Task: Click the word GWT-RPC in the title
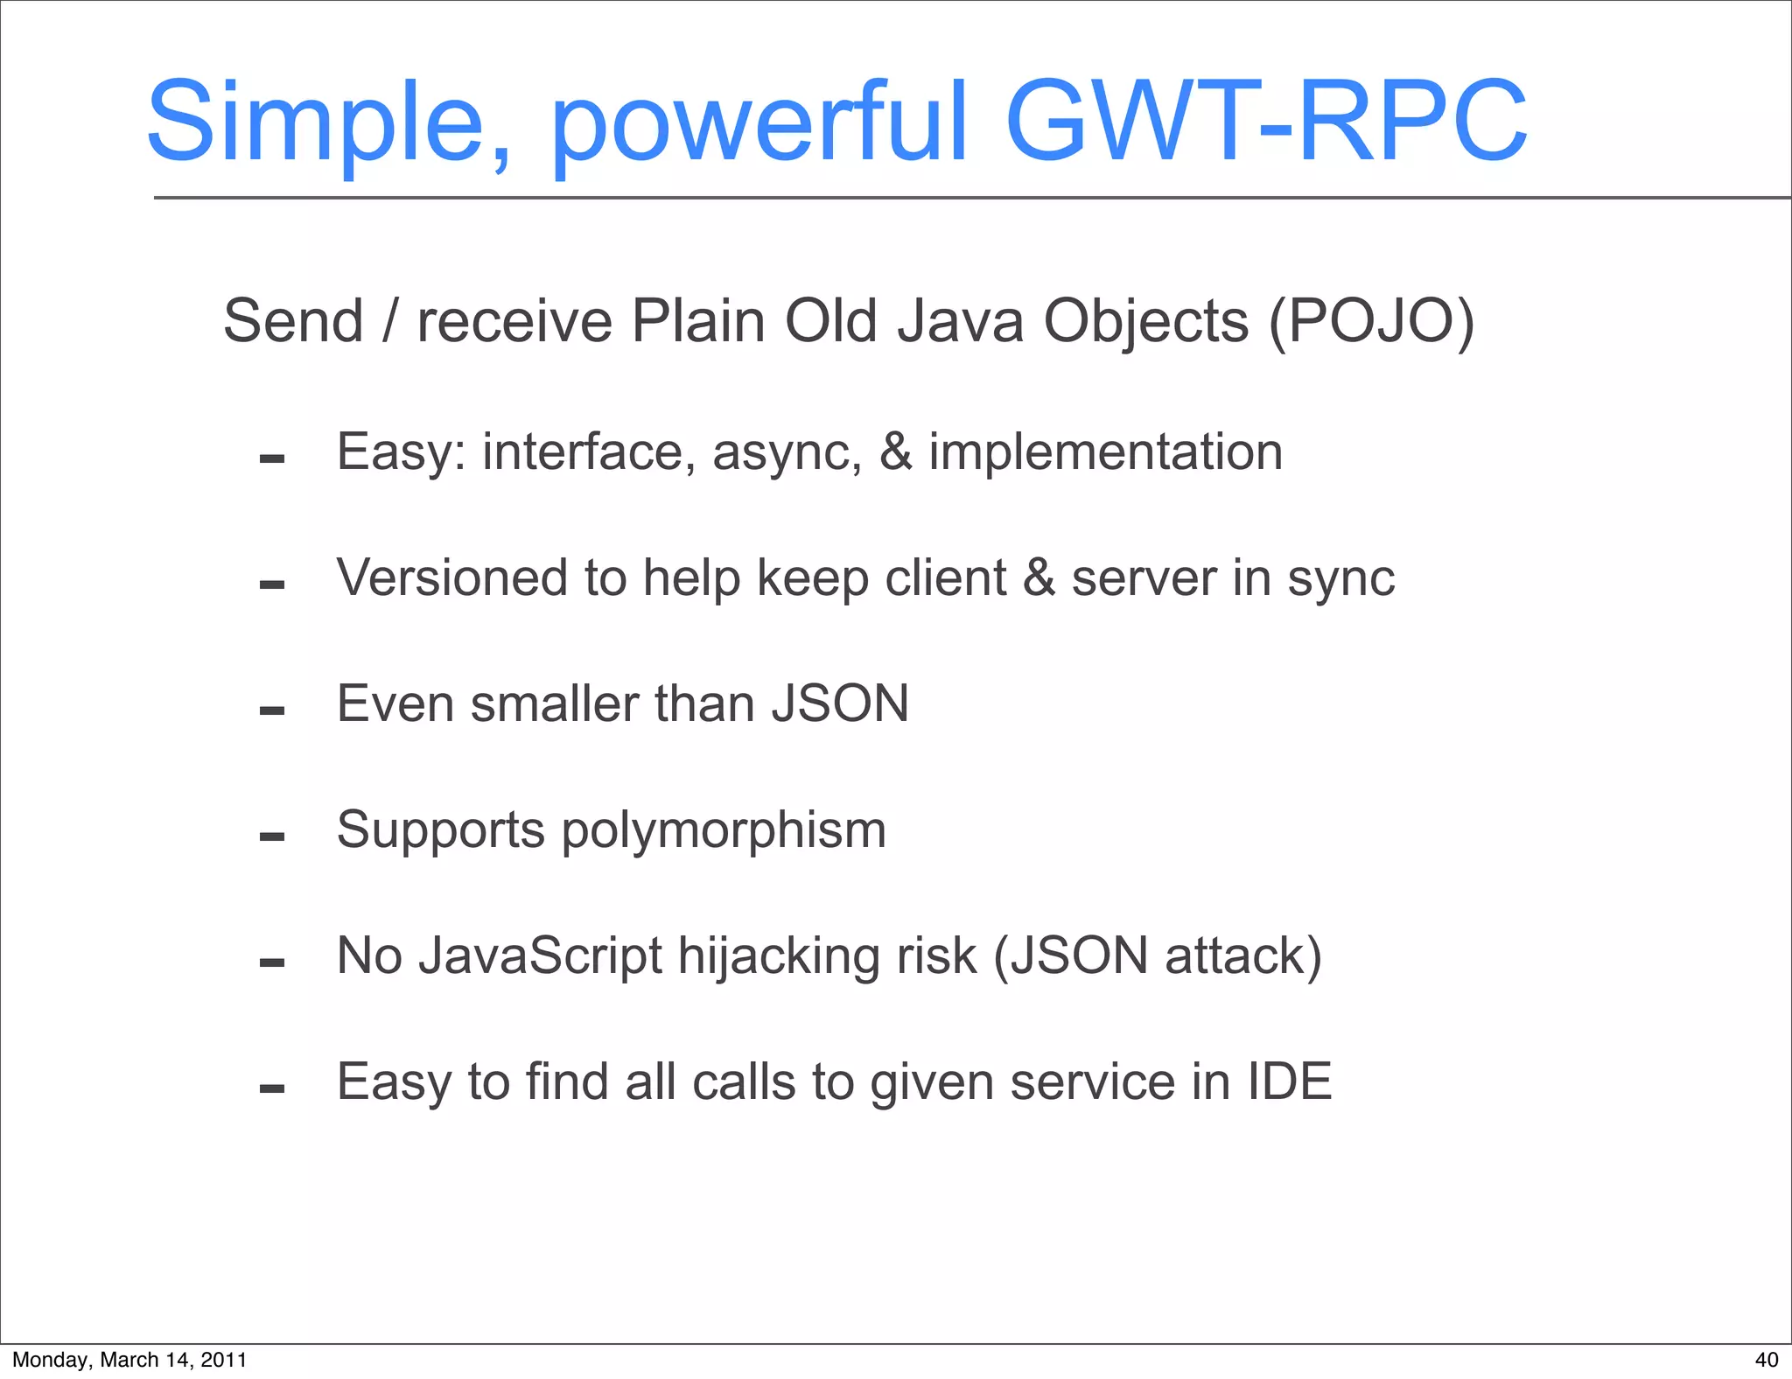1265,122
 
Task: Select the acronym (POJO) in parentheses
1371,321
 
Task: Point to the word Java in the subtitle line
961,321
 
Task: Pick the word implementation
1105,453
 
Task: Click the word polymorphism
724,831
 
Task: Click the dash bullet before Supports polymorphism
272,837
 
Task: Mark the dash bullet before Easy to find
272,1089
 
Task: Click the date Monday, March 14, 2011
129,1360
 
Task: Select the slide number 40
1766,1360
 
